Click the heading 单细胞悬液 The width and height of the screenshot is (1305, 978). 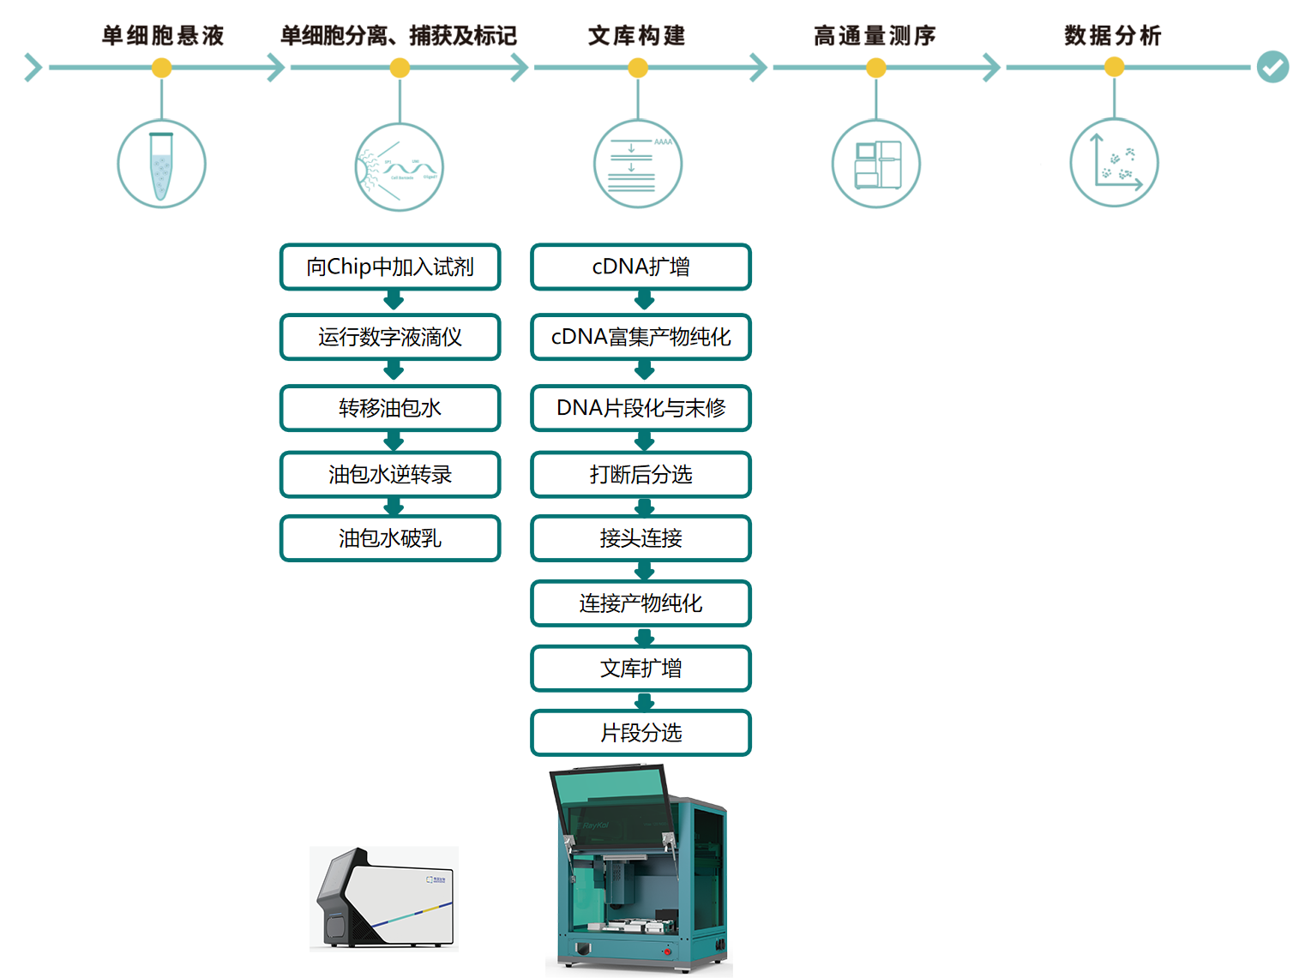pos(162,35)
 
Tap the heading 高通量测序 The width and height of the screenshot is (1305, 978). pos(875,35)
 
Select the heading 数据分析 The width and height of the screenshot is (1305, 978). pos(1113,35)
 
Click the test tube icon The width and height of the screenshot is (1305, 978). pos(161,164)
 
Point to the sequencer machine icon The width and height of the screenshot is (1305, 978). pos(876,164)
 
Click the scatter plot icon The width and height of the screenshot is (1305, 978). pos(1114,163)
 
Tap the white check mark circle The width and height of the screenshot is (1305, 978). pos(1272,67)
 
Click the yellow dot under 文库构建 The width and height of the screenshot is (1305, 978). pos(638,68)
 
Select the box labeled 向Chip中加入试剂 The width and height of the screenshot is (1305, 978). pos(390,267)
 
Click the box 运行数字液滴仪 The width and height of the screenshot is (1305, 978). pos(390,337)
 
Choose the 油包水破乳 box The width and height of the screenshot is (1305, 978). pos(390,538)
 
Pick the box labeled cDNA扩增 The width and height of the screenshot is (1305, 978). pos(640,267)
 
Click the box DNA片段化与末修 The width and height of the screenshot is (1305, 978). pos(640,408)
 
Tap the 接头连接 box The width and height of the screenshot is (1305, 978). pos(640,538)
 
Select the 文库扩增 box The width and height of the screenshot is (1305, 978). pos(640,669)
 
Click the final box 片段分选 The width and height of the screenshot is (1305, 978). pos(640,733)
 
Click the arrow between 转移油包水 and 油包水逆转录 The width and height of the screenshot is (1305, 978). pos(394,441)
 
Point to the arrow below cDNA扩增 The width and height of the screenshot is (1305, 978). pos(645,300)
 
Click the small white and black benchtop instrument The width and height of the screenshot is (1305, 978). pos(384,898)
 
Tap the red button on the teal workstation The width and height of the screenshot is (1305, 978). pos(667,951)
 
